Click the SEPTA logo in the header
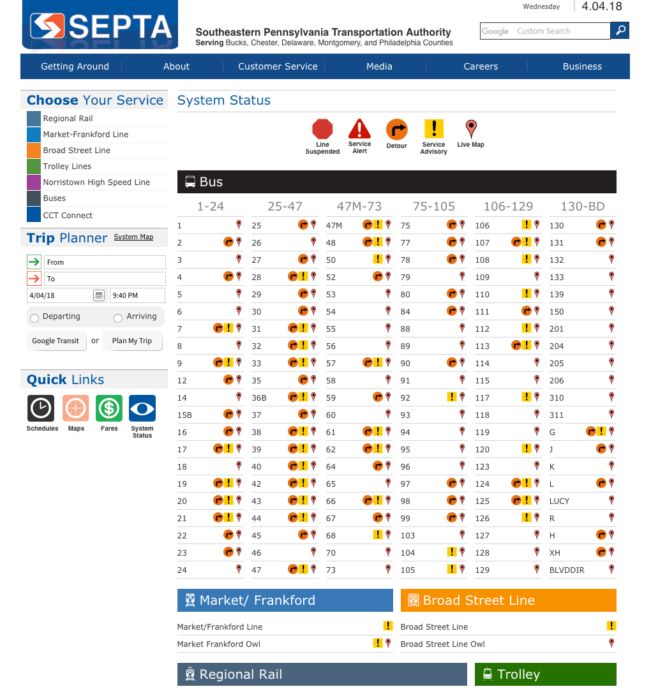click(100, 26)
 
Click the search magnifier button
click(620, 30)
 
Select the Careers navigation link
click(481, 66)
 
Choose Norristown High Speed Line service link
click(96, 182)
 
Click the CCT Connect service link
click(68, 216)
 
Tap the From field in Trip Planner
click(105, 262)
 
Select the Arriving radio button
click(118, 318)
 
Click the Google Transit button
click(56, 341)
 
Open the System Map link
click(133, 237)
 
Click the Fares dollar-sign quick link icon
click(109, 408)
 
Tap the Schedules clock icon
click(41, 408)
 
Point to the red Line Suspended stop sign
click(322, 130)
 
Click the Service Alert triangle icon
click(359, 130)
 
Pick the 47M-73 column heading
click(359, 206)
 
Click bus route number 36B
click(259, 398)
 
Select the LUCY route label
click(559, 501)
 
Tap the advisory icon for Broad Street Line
click(611, 626)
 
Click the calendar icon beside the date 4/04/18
click(99, 295)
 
